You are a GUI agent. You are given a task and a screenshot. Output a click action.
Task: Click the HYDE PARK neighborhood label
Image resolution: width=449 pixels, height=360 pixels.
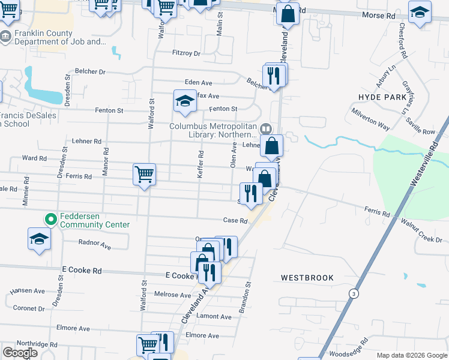(x=382, y=97)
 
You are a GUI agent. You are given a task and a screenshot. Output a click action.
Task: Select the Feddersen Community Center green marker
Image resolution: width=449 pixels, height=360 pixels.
(x=51, y=220)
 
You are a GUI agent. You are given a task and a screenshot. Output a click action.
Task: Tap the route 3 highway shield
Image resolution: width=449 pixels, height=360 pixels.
(x=354, y=293)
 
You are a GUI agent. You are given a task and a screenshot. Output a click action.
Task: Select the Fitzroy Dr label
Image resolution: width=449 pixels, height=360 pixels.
(x=186, y=53)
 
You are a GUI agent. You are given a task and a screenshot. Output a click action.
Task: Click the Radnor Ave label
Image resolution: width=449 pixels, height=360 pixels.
(x=95, y=245)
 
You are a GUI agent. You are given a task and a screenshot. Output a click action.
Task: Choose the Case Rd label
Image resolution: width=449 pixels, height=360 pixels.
(x=235, y=221)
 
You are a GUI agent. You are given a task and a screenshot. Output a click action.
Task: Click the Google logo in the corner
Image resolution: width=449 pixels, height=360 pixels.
(x=20, y=353)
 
